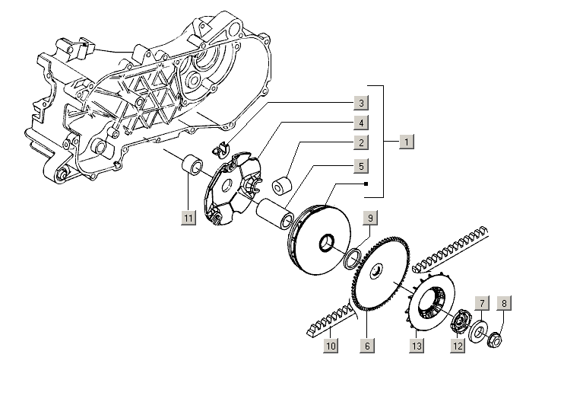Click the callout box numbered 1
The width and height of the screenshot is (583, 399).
407,142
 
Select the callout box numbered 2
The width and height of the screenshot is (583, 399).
360,142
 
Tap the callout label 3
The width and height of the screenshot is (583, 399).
360,103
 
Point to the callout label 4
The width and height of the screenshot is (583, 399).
360,123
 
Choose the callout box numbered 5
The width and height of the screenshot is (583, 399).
360,165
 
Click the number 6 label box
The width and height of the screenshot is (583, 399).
367,346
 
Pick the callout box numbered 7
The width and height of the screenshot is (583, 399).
480,303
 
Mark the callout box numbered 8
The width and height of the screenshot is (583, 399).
502,303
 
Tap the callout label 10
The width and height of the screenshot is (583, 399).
331,346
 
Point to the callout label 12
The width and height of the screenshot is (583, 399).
457,346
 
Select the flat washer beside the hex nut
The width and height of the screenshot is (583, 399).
480,333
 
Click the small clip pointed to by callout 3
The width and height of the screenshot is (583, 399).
223,146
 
